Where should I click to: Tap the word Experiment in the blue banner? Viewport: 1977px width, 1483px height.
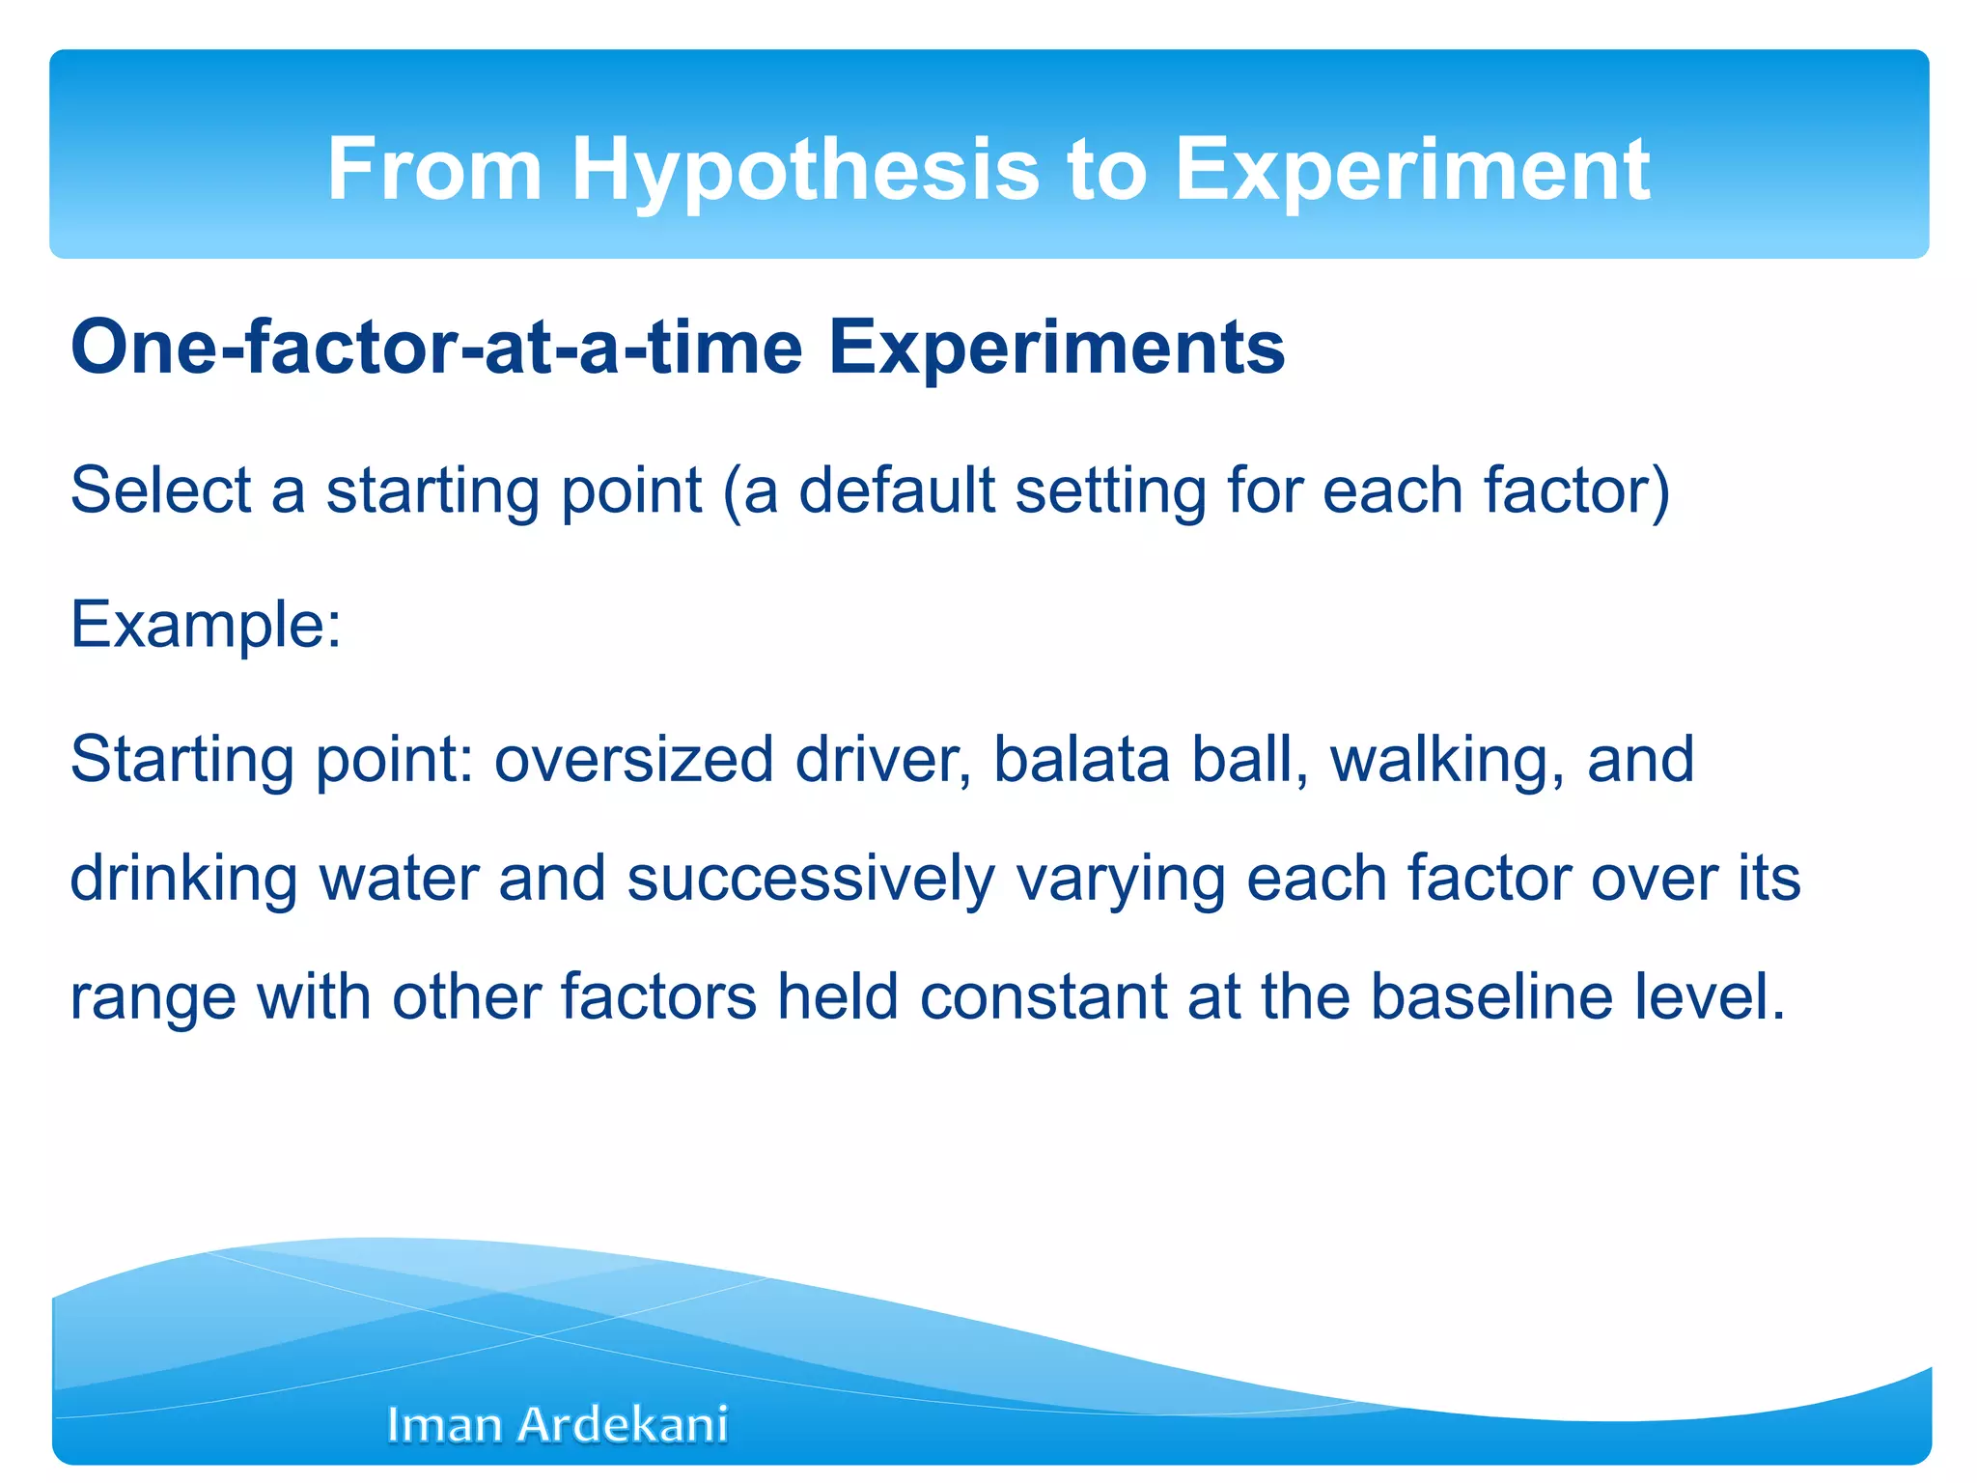tap(1411, 170)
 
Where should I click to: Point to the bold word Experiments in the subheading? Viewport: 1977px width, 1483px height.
tap(1056, 348)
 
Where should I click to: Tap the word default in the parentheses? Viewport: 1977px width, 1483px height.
tap(897, 490)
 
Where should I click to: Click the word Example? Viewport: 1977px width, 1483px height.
tap(206, 625)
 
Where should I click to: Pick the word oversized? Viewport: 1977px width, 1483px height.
tap(634, 759)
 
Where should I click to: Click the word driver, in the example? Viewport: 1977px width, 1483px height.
tap(883, 759)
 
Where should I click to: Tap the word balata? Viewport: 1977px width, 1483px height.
tap(1081, 759)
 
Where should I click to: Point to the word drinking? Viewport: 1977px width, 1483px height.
tap(183, 879)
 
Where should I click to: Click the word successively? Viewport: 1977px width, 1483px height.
tap(811, 881)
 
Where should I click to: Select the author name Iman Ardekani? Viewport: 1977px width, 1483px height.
tap(557, 1425)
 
